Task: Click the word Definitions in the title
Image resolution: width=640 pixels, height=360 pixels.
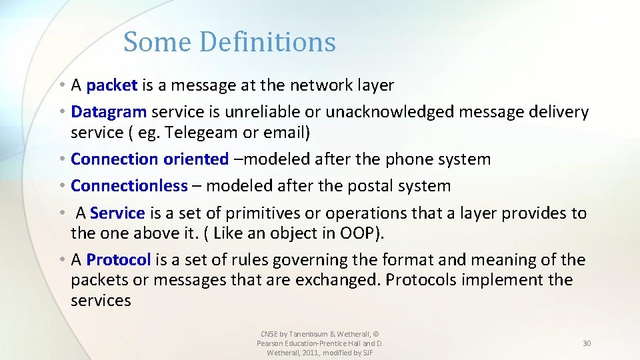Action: tap(267, 42)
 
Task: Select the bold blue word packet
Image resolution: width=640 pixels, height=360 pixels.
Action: tap(112, 85)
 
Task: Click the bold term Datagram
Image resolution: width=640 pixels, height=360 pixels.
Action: tap(109, 112)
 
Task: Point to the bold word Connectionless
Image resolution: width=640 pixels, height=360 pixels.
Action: tap(129, 186)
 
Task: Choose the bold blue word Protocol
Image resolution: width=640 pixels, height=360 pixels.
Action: tap(119, 260)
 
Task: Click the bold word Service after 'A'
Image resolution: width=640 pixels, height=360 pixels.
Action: tap(117, 213)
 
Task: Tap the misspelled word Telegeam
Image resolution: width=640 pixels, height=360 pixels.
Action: tap(201, 133)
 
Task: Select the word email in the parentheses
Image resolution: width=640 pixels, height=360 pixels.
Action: tap(283, 133)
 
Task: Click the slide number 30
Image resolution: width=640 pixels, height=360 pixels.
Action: tap(587, 343)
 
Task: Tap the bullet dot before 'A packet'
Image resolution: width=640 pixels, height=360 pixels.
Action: tap(61, 85)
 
